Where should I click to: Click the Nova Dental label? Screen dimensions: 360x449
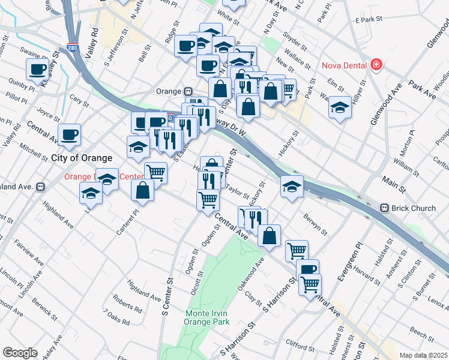click(343, 65)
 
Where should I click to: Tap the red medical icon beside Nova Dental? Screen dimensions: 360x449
click(376, 64)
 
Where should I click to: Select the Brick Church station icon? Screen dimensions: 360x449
click(385, 208)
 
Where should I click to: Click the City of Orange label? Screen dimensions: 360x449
click(82, 158)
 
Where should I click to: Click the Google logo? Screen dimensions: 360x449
click(20, 353)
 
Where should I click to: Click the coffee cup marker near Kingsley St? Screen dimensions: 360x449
click(38, 68)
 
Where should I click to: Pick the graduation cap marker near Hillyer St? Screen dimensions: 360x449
click(340, 107)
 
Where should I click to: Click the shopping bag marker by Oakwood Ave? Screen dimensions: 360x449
click(270, 236)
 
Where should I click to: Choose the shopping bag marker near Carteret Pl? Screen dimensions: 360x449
click(143, 190)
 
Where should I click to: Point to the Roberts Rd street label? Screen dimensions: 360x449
click(127, 302)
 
